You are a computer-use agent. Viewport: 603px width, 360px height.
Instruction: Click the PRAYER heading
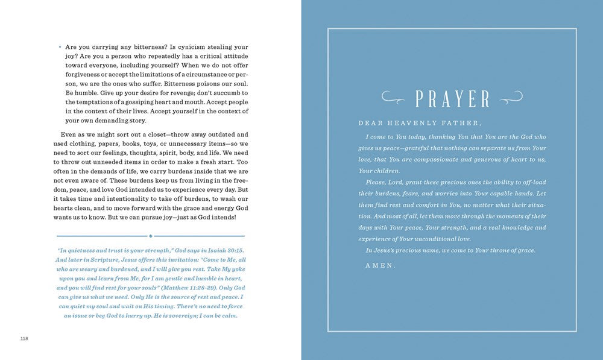tap(453, 98)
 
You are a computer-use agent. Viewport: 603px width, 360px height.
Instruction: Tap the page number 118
tap(24, 339)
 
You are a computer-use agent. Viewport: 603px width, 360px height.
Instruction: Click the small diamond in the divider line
tap(151, 236)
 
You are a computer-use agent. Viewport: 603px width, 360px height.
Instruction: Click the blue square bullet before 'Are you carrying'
tap(60, 47)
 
